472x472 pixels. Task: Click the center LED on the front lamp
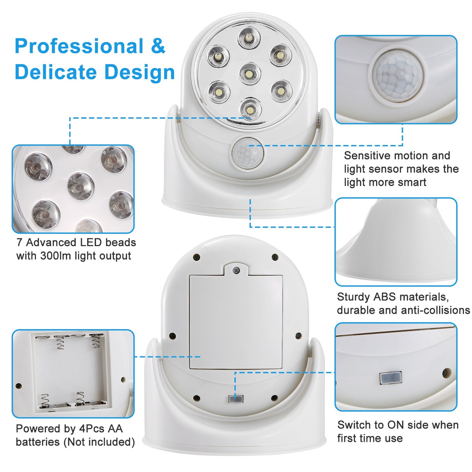click(x=250, y=73)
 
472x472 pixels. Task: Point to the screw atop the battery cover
click(x=236, y=270)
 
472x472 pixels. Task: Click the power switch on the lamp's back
click(x=236, y=399)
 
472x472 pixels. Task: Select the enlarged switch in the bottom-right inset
click(x=391, y=378)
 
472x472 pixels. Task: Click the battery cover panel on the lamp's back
click(x=236, y=322)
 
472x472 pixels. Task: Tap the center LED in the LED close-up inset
click(x=80, y=186)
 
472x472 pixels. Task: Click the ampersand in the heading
click(x=158, y=46)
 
